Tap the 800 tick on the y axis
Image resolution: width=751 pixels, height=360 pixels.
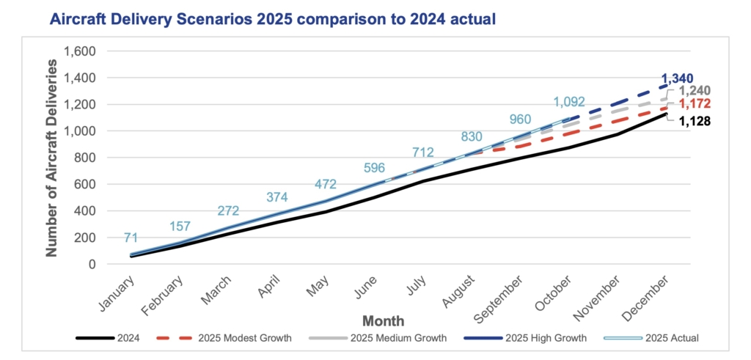(x=89, y=158)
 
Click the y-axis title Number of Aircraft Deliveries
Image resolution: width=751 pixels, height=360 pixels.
(x=52, y=158)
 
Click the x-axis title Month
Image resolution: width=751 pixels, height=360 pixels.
(x=382, y=321)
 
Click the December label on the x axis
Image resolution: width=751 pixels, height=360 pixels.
(x=650, y=295)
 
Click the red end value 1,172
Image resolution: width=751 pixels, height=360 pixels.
(x=692, y=105)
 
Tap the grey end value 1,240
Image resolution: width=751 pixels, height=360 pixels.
(x=693, y=91)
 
